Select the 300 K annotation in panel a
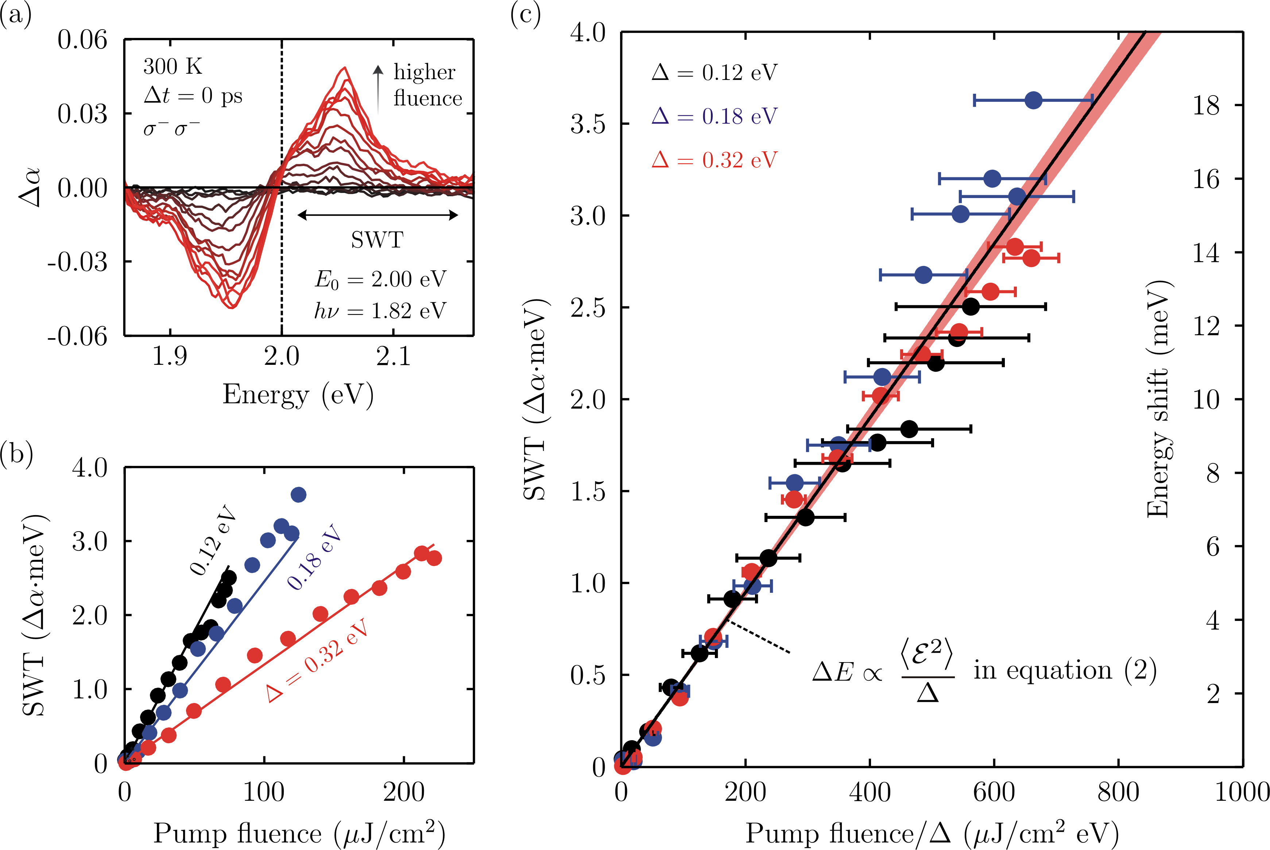click(173, 67)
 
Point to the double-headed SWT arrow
click(378, 215)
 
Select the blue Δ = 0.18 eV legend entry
click(715, 116)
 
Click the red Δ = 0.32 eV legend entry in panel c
click(715, 160)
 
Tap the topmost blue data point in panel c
click(1033, 100)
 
